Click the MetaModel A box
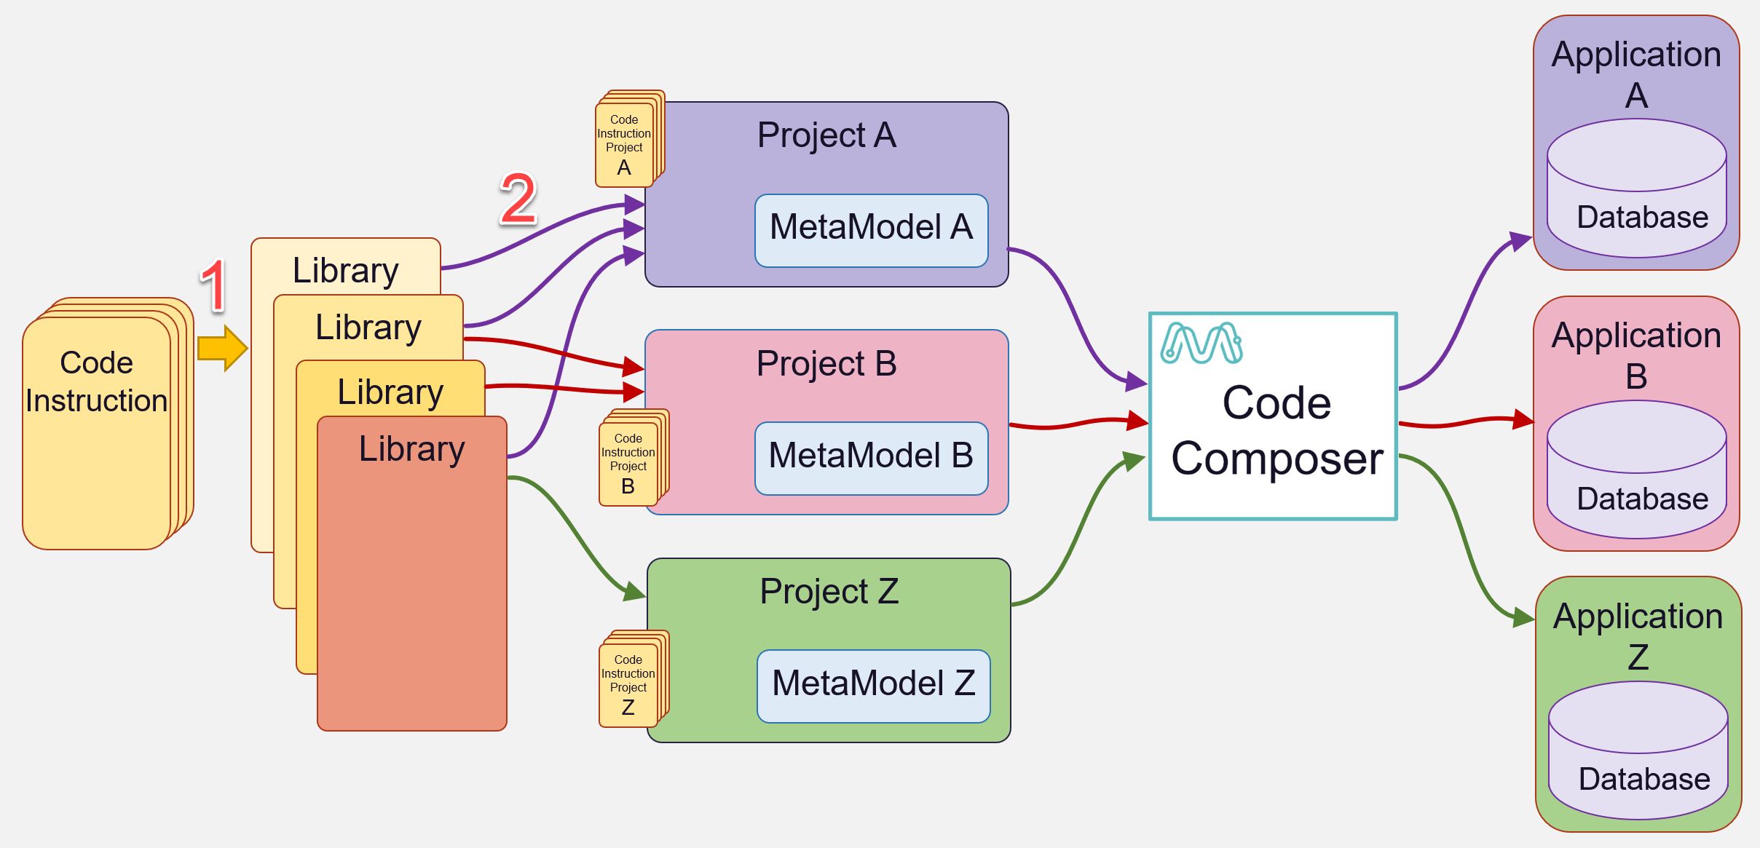pyautogui.click(x=871, y=230)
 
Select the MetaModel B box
pyautogui.click(x=871, y=458)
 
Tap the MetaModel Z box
pyautogui.click(x=873, y=686)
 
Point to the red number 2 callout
pyautogui.click(x=518, y=199)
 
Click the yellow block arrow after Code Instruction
pyautogui.click(x=222, y=349)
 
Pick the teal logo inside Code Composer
pyautogui.click(x=1201, y=343)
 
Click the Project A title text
pyautogui.click(x=826, y=135)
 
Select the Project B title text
pyautogui.click(x=826, y=363)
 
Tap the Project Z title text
pyautogui.click(x=829, y=591)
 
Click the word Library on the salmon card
pyautogui.click(x=412, y=448)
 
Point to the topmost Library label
pyautogui.click(x=345, y=270)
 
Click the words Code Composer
pyautogui.click(x=1276, y=430)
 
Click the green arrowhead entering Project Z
pyautogui.click(x=634, y=591)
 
